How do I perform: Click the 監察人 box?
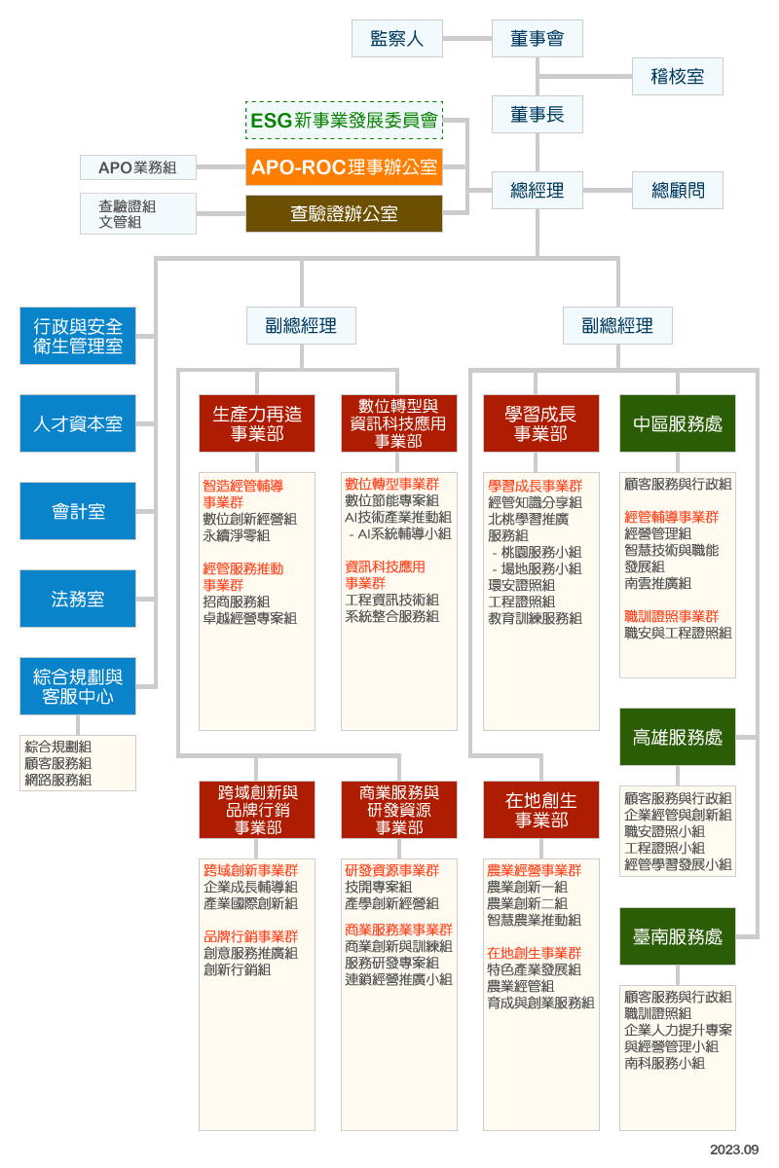(396, 38)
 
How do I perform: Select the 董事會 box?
(537, 38)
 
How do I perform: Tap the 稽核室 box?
(678, 76)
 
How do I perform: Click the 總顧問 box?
(678, 191)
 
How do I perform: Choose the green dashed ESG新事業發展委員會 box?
(345, 121)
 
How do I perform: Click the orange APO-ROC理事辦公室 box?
(345, 166)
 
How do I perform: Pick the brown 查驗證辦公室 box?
(345, 213)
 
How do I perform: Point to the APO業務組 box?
(138, 167)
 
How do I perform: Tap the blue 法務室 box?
(78, 599)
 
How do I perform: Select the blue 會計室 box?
(78, 511)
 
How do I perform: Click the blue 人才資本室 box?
(78, 423)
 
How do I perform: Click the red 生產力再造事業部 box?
(257, 423)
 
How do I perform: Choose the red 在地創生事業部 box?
(541, 810)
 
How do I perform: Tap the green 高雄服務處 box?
(678, 737)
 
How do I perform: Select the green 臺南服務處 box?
(678, 936)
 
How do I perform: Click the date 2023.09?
(734, 1150)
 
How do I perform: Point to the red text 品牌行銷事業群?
(250, 936)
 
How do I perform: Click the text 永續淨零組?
(237, 535)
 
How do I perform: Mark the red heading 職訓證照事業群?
(672, 616)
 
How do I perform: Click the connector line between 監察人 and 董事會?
(467, 38)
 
